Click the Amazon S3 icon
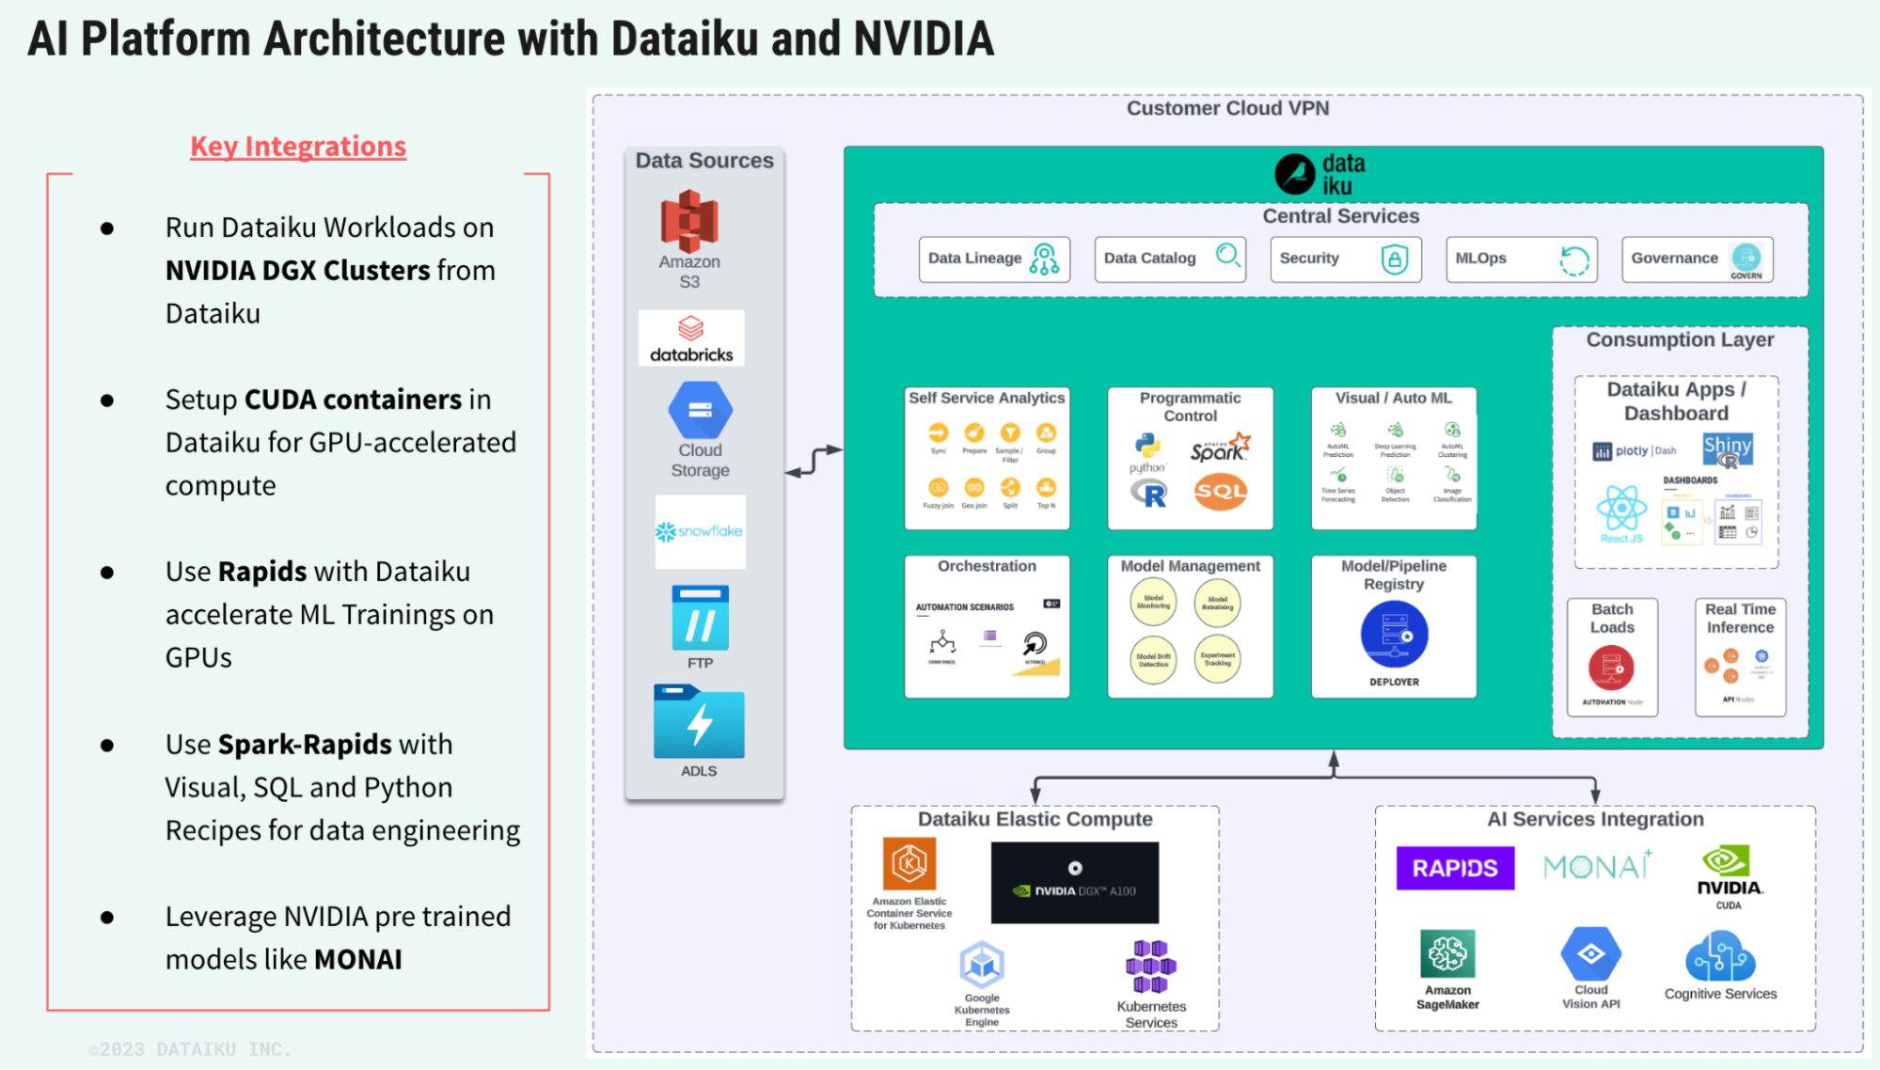point(689,222)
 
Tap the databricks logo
point(691,338)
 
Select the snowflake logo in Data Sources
point(700,531)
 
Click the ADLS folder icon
point(699,722)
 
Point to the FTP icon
point(700,619)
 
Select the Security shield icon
point(1394,259)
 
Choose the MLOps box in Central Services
point(1521,259)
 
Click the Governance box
point(1697,259)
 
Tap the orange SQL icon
point(1221,491)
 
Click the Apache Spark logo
point(1220,448)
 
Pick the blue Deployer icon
point(1394,635)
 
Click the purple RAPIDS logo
point(1455,868)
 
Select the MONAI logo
point(1597,866)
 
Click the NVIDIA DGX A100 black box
point(1075,882)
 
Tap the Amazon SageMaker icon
point(1447,954)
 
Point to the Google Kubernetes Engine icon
point(982,965)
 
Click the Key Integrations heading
point(298,147)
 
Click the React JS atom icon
point(1621,509)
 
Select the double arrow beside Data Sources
point(814,461)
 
